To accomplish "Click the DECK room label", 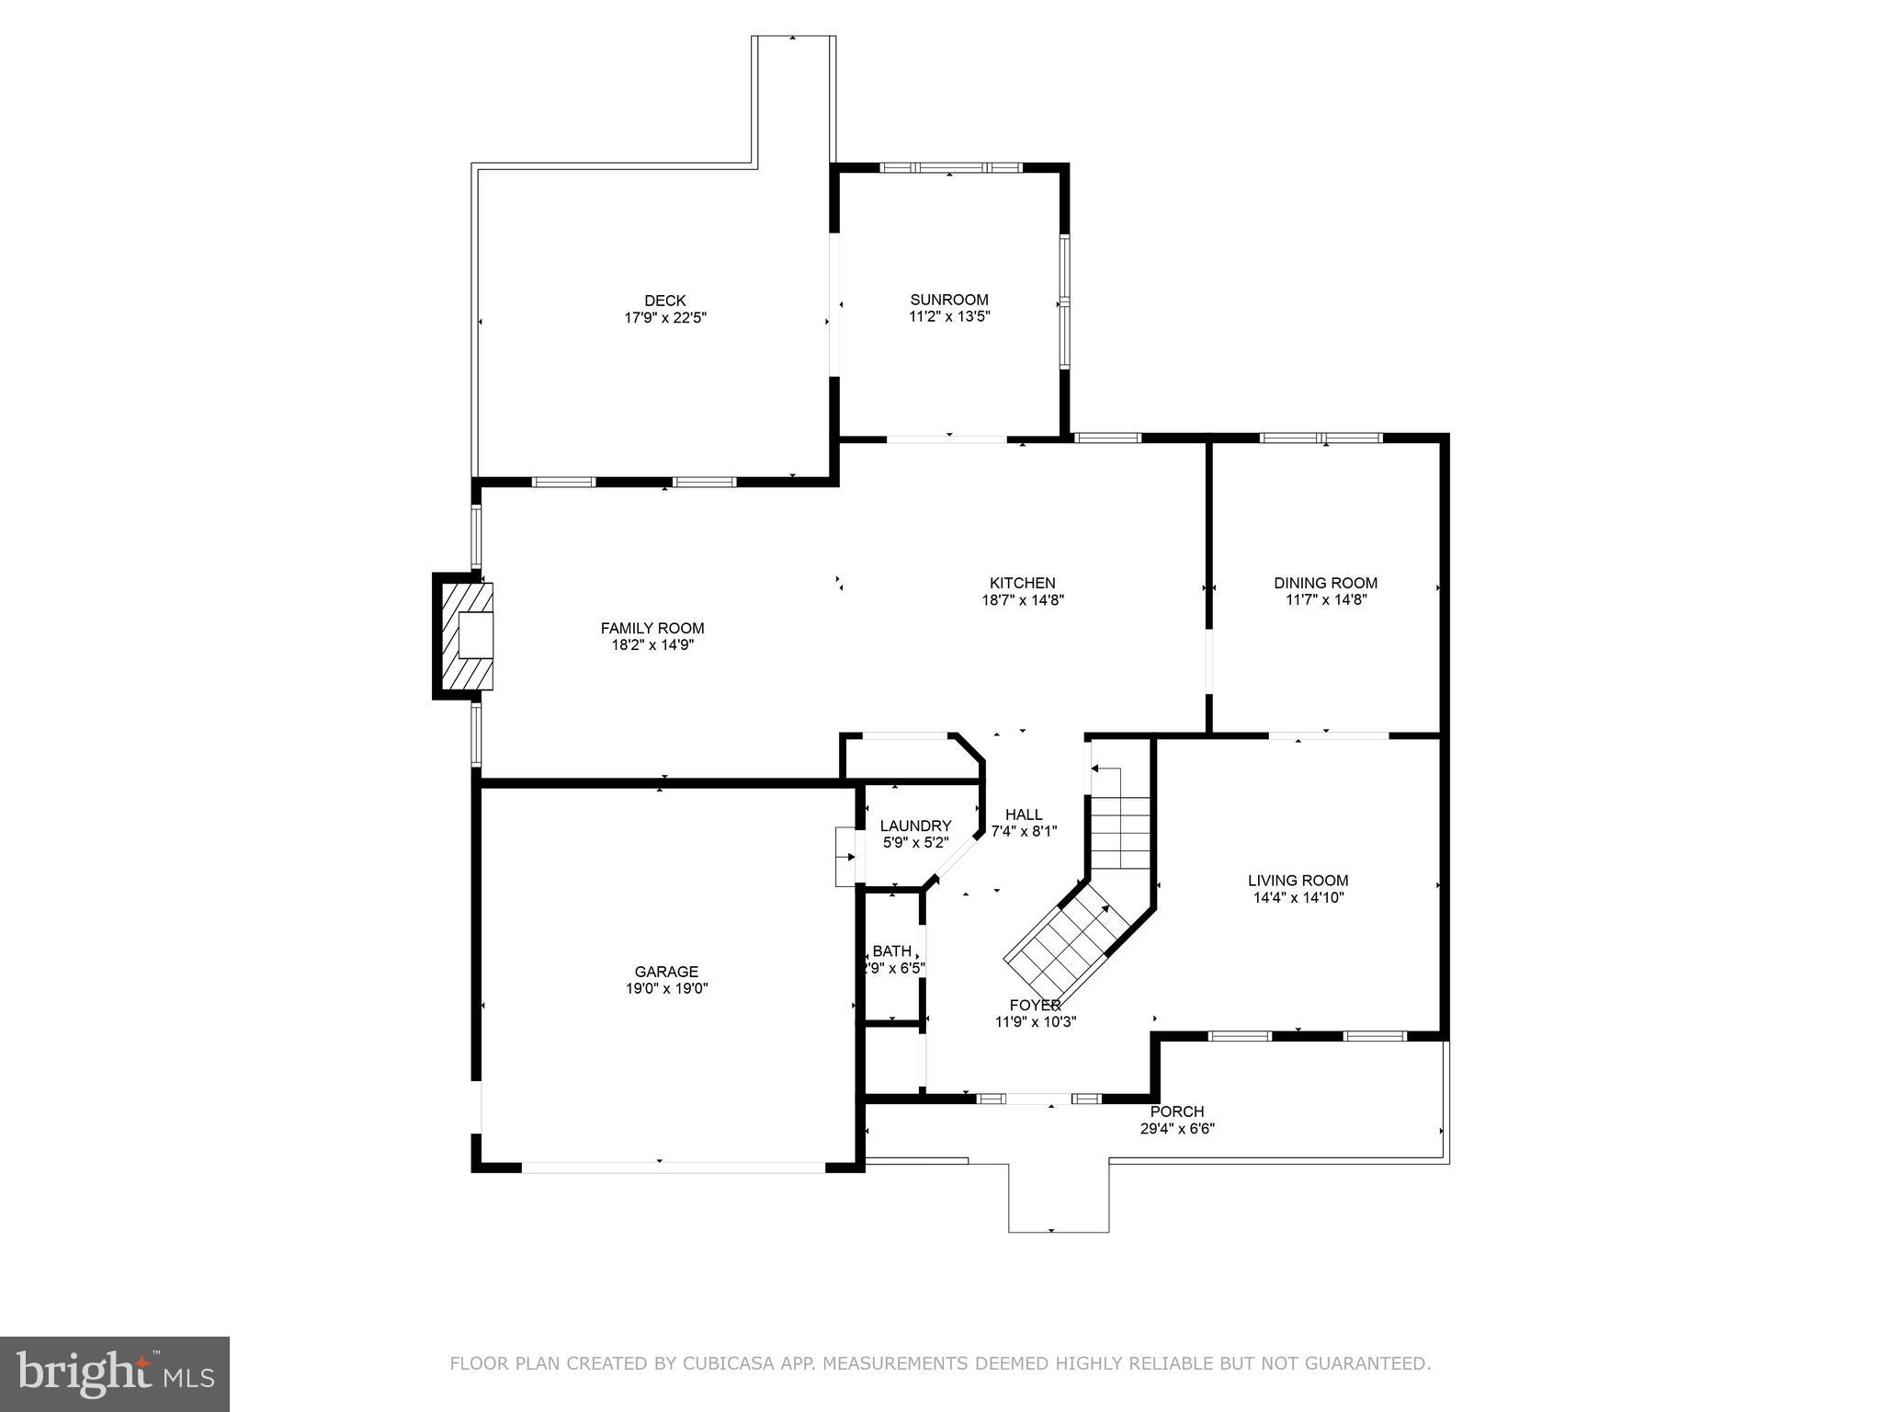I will [664, 301].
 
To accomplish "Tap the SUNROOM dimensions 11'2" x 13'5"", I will [949, 316].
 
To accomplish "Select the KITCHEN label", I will [1022, 583].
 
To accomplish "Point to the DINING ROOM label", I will [1325, 583].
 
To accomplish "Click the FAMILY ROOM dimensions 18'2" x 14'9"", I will [652, 645].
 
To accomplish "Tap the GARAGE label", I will [666, 972].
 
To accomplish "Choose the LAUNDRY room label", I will [915, 826].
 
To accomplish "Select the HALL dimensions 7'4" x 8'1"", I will [1024, 831].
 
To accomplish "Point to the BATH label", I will [892, 951].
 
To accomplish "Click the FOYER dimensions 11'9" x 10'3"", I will [1036, 1022].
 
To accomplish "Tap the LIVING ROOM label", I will [1298, 881].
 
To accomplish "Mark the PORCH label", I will [1177, 1111].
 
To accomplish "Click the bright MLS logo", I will [115, 1373].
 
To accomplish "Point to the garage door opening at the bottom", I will [674, 1167].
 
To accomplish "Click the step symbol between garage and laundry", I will [845, 857].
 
